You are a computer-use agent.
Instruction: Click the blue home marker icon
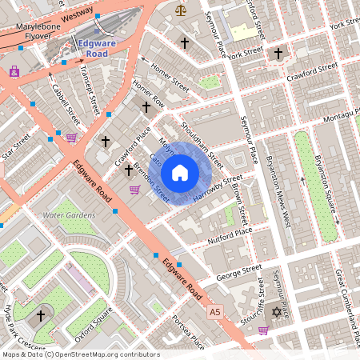[180, 172]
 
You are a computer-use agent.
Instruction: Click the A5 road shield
[214, 310]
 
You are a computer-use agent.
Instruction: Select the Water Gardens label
[69, 215]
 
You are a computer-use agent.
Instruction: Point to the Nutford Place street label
[230, 233]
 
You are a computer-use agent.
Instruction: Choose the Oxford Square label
[90, 315]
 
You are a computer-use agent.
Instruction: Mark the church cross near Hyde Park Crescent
[41, 316]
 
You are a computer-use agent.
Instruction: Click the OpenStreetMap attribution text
[80, 354]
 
